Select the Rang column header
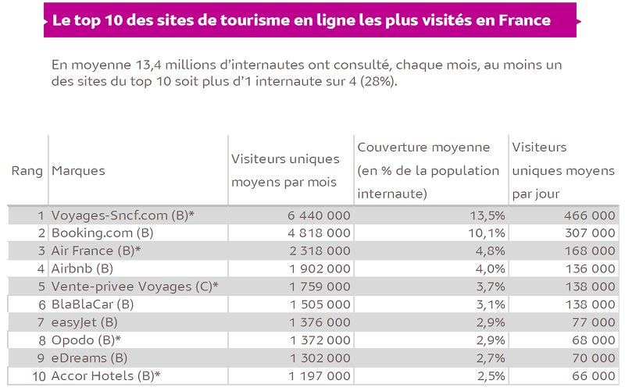tap(27, 171)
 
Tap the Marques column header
tap(78, 171)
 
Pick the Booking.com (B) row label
tap(102, 233)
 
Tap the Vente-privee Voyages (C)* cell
tap(134, 286)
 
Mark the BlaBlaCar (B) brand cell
tap(93, 304)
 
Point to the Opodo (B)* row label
tap(86, 340)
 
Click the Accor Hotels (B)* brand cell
tap(105, 376)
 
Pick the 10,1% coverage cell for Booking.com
tap(487, 233)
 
